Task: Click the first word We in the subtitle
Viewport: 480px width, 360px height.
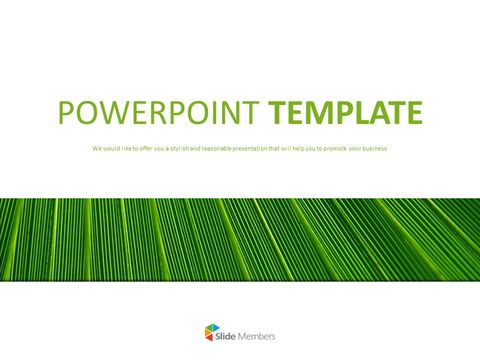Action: pos(96,149)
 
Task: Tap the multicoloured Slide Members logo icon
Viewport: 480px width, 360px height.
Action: pos(207,336)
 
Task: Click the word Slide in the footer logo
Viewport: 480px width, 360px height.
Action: pos(227,336)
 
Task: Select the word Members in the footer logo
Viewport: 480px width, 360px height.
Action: pos(257,336)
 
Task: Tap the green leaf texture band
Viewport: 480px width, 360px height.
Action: pos(240,239)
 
